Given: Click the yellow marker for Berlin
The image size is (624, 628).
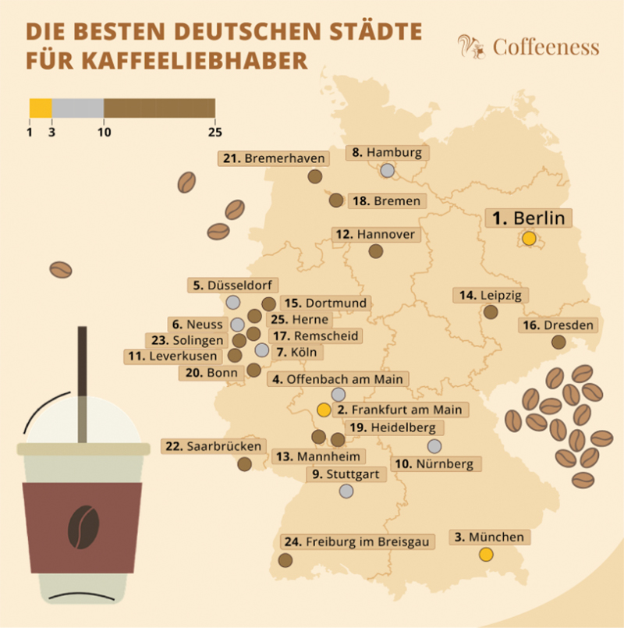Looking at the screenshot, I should click(530, 239).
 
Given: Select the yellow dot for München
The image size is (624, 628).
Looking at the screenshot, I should click(486, 555).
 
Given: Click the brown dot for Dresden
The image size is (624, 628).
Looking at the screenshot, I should click(558, 342).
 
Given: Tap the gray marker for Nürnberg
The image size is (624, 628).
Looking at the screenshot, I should click(434, 446).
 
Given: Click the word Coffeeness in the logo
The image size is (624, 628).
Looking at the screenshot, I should click(546, 47).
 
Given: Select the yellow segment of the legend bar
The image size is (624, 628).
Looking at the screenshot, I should click(41, 108).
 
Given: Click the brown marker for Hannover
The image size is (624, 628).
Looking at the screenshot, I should click(376, 251).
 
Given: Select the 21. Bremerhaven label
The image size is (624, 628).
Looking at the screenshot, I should click(274, 158).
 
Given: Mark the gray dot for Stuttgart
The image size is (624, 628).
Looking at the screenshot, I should click(346, 491).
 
